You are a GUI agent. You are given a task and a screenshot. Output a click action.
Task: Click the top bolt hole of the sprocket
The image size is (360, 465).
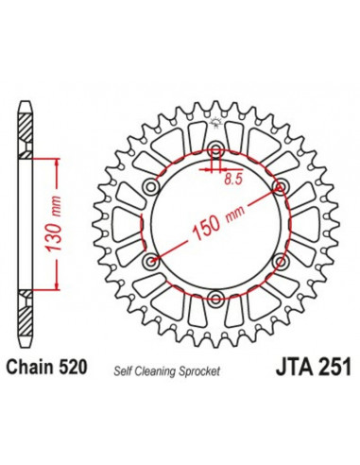215,150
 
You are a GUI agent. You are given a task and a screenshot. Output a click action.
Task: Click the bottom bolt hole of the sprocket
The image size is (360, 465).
215,299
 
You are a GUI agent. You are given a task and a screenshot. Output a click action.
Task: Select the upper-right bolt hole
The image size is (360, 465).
280,187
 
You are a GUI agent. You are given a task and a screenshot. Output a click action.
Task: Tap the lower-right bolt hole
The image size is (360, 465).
280,261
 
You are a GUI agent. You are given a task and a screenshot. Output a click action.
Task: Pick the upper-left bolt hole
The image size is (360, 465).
151,187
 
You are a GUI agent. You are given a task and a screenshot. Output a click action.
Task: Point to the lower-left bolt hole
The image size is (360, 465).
151,261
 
